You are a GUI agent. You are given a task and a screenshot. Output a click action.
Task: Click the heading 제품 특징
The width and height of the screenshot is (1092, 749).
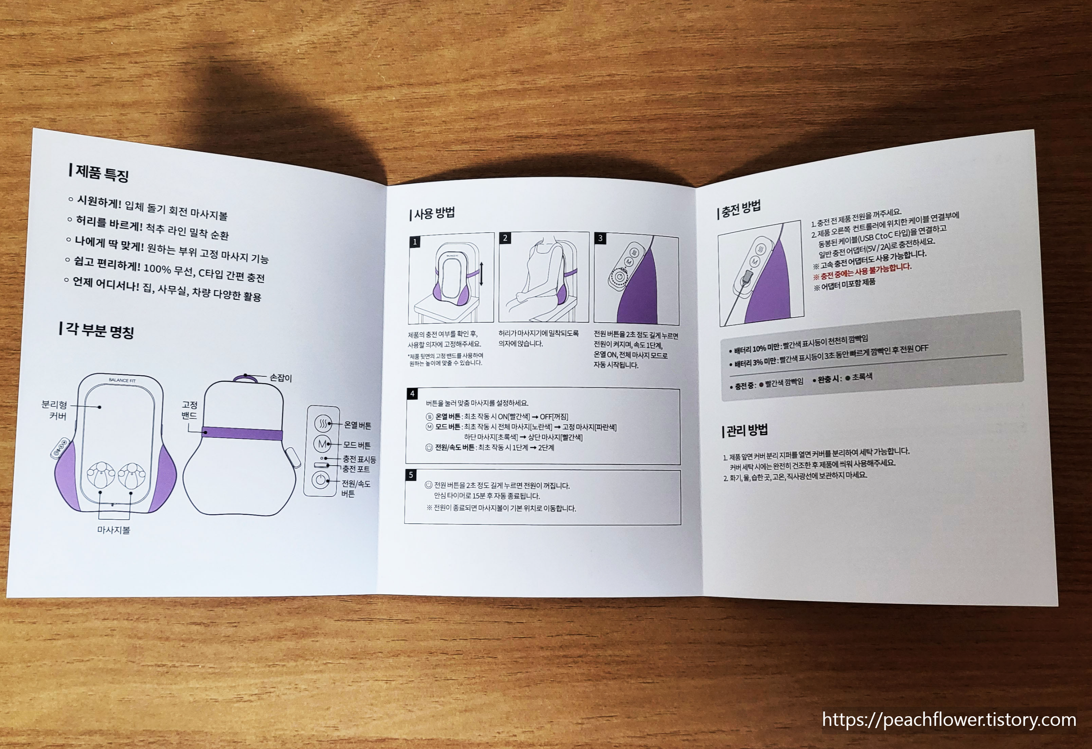point(98,172)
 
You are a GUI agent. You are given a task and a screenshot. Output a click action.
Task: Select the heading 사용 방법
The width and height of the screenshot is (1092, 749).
point(432,214)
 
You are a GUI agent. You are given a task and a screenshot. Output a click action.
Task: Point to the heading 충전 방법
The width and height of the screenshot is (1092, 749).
point(739,209)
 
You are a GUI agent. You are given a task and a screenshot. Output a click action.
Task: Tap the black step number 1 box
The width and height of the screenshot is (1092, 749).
point(415,242)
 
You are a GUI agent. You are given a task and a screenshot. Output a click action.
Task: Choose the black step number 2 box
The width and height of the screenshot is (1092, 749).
point(505,238)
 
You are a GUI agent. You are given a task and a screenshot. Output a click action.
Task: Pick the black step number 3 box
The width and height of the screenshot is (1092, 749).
point(600,238)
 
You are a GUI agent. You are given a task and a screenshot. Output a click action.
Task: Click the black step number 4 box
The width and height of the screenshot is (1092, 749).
point(412,394)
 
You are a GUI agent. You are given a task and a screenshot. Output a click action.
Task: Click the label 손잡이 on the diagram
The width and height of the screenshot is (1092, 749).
point(280,378)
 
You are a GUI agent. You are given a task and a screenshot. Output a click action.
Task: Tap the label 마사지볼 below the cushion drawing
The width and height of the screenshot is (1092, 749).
point(114,530)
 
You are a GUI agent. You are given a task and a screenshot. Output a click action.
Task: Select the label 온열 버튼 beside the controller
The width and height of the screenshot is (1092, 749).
point(358,425)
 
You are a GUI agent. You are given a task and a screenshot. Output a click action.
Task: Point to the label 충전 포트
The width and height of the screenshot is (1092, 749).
point(356,469)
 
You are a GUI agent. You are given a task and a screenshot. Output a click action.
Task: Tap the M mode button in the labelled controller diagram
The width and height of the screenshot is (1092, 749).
point(322,444)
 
